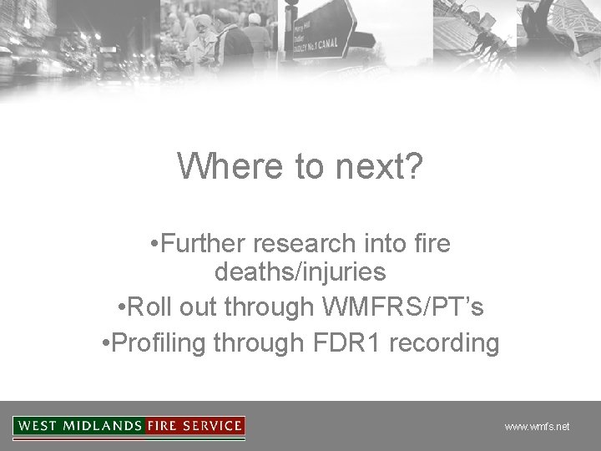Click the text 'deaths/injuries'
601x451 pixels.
pyautogui.click(x=300, y=272)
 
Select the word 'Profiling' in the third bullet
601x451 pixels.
pyautogui.click(x=159, y=342)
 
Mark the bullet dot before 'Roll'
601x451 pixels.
pyautogui.click(x=123, y=307)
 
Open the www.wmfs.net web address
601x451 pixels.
pyautogui.click(x=537, y=427)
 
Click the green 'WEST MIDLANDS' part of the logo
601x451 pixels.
pyautogui.click(x=79, y=426)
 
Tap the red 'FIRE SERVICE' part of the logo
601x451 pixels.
pyautogui.click(x=194, y=426)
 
